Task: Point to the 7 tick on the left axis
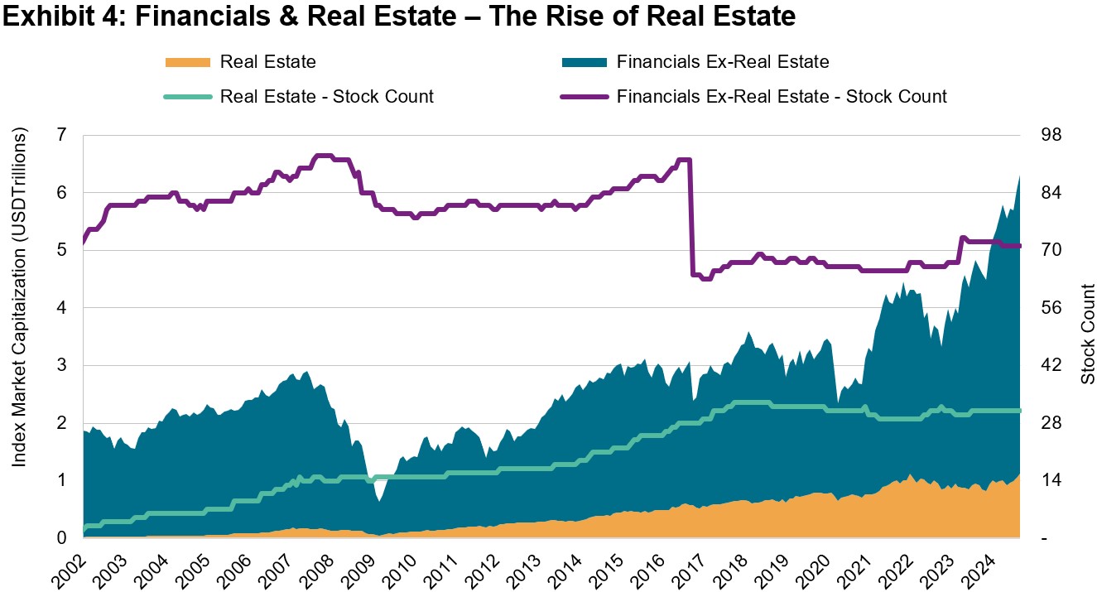tap(63, 135)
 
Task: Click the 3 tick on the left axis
tap(63, 365)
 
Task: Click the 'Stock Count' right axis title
tap(1087, 335)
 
